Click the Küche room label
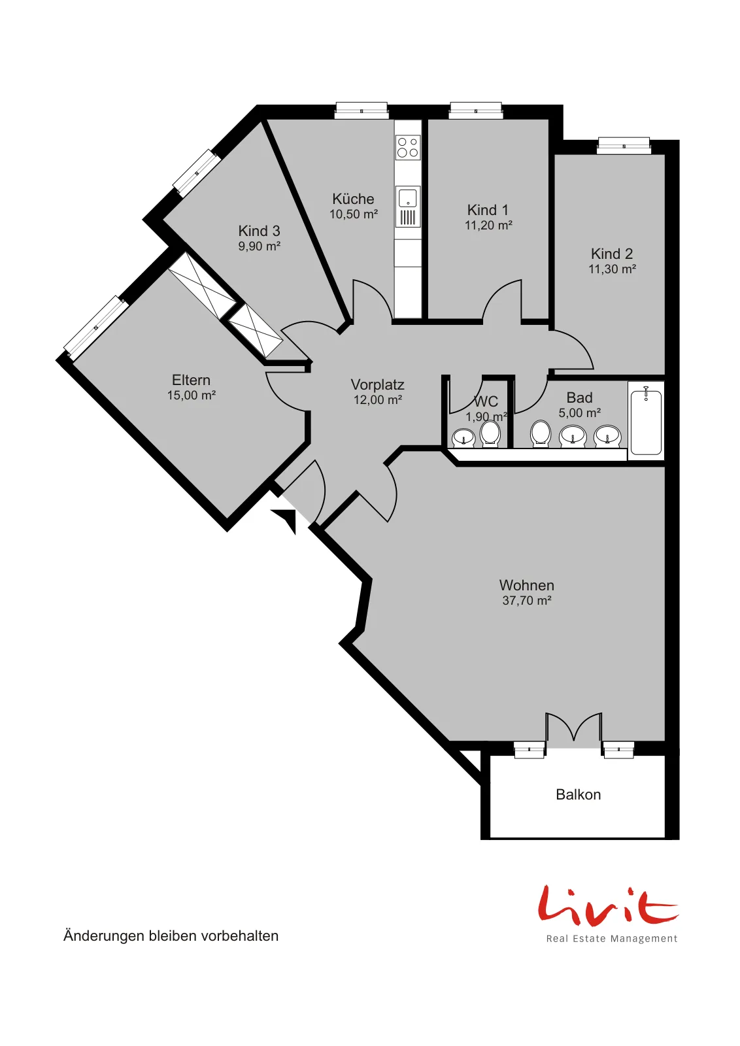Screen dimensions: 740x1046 tap(353, 199)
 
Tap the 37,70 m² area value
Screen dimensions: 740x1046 tap(527, 601)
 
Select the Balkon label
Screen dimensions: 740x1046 tap(578, 794)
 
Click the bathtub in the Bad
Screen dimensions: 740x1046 tap(646, 421)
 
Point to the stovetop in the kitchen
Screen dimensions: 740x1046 tap(407, 146)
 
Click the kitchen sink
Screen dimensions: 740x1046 tap(407, 197)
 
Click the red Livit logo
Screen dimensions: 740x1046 tap(608, 905)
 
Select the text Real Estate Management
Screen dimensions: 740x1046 tap(612, 938)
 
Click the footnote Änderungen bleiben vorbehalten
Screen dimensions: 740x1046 tap(171, 936)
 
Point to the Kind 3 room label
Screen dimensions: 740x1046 tap(259, 231)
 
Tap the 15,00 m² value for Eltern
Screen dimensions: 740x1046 tap(192, 395)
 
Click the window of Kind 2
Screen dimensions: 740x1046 tap(624, 145)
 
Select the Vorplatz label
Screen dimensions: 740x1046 tap(377, 385)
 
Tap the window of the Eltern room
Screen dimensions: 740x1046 tap(95, 328)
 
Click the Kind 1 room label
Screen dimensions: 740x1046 tap(488, 210)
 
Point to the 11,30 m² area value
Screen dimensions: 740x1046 tap(612, 269)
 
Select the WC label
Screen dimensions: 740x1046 tap(486, 401)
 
